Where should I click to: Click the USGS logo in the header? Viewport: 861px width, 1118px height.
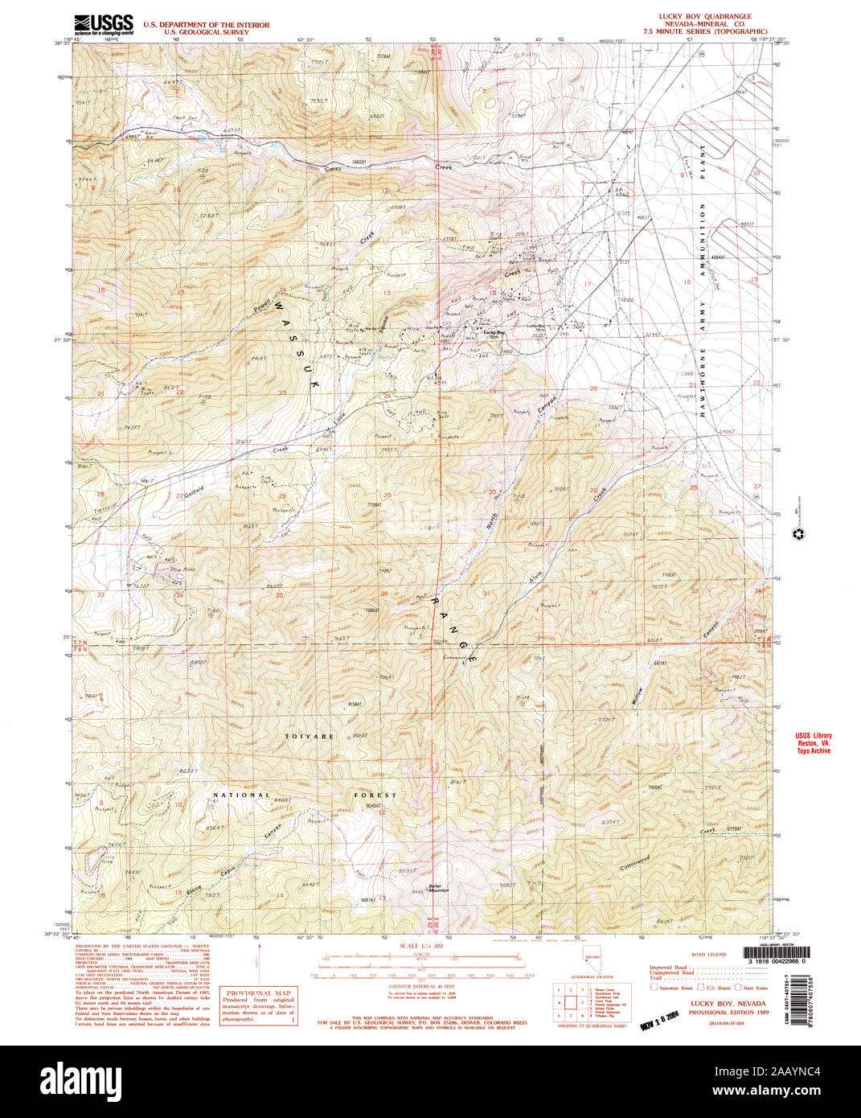pos(103,24)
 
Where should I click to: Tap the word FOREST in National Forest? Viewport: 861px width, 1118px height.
pos(375,795)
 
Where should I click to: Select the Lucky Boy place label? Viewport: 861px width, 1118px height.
pos(494,331)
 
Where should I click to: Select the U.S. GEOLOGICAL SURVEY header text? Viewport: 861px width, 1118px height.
pos(205,33)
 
